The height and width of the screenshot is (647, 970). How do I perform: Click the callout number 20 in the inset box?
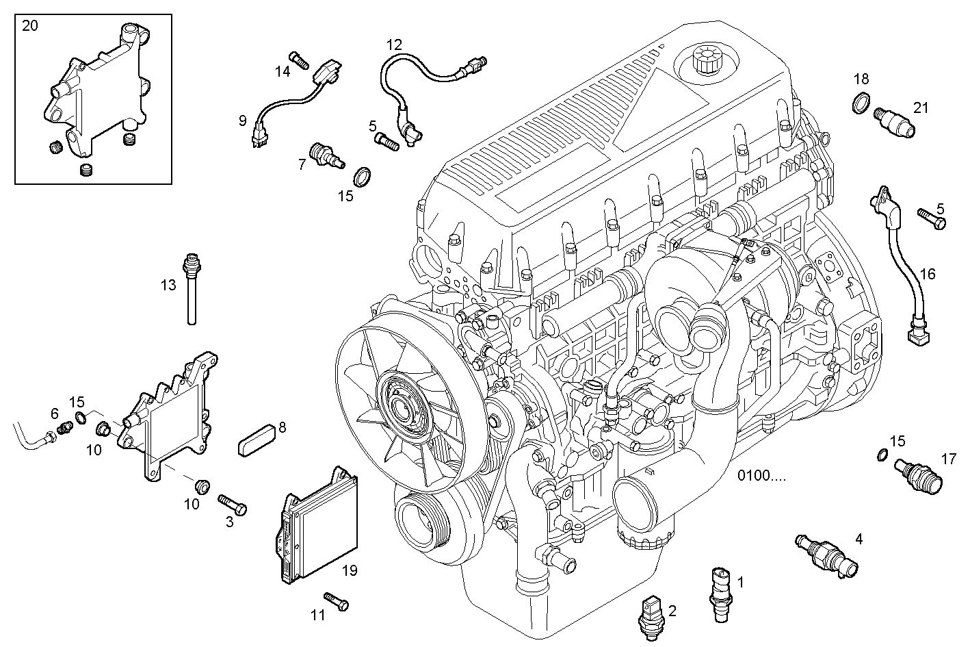(x=30, y=27)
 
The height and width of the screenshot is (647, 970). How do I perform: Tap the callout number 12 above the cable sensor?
(x=393, y=45)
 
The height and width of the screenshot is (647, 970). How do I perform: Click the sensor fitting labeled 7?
(x=326, y=155)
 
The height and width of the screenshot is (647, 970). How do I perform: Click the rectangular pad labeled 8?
(x=256, y=438)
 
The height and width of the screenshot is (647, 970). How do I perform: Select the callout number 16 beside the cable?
(x=927, y=275)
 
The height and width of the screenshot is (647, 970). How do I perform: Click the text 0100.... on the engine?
(x=761, y=475)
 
